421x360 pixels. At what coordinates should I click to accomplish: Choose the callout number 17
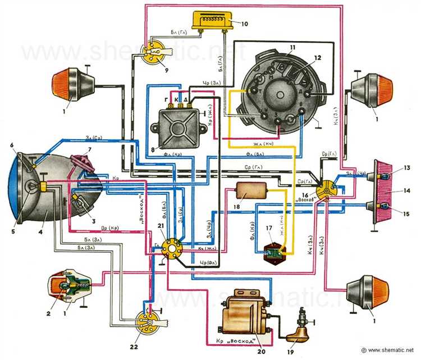pos(269,229)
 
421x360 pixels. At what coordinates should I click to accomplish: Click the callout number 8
pos(153,149)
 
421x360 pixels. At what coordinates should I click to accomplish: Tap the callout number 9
pos(149,71)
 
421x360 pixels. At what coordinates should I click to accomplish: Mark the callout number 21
pos(161,225)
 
